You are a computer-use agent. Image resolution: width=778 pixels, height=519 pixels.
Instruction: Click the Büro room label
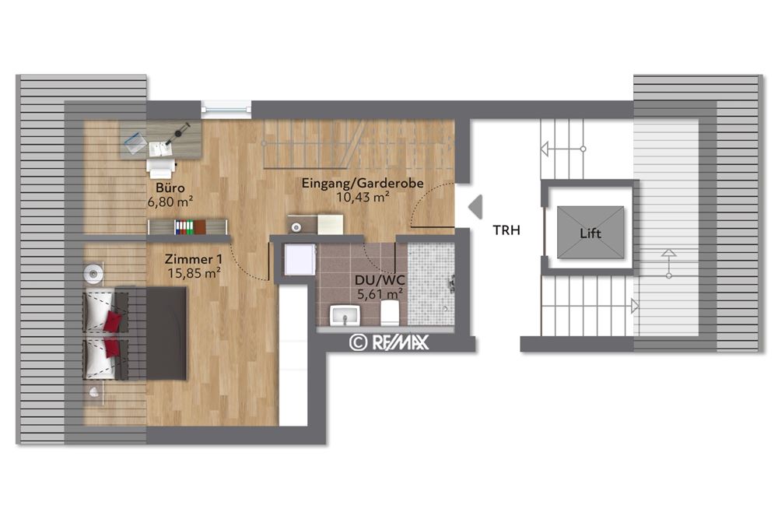click(170, 188)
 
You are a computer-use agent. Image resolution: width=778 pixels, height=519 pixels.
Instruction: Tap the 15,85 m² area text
click(194, 273)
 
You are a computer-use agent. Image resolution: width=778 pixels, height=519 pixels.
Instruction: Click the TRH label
click(506, 230)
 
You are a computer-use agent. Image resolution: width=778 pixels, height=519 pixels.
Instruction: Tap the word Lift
click(591, 233)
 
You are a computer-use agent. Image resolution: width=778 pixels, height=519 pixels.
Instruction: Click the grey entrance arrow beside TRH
click(475, 206)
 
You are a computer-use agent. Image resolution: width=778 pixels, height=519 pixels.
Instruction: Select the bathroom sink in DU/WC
click(343, 315)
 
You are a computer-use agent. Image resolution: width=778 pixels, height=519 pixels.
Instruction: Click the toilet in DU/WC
click(390, 314)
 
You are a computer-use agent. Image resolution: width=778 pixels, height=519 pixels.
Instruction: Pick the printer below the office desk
click(161, 167)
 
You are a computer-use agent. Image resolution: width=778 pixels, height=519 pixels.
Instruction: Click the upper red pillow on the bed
click(113, 320)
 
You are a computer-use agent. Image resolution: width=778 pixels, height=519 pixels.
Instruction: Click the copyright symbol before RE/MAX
click(358, 342)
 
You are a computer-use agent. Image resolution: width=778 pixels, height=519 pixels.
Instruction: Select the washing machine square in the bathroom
click(300, 258)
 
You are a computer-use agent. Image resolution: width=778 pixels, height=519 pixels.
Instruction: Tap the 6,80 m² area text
click(170, 202)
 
